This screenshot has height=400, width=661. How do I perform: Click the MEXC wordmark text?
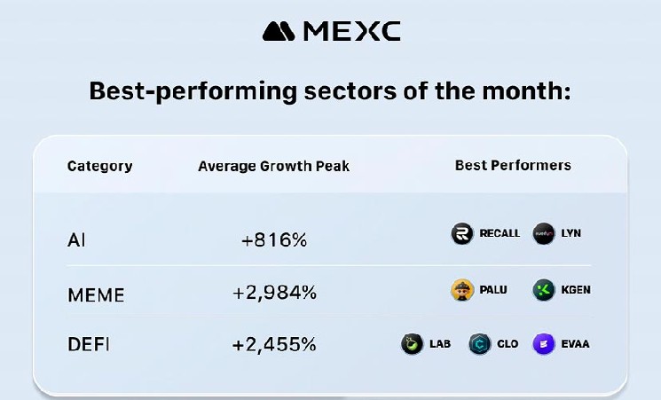(x=351, y=31)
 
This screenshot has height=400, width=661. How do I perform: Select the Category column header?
(x=100, y=166)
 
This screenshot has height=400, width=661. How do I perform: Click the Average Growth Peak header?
(x=273, y=166)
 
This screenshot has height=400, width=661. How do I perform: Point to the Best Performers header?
(x=513, y=165)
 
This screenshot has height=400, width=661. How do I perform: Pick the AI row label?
(x=77, y=239)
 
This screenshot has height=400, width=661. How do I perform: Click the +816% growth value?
(x=273, y=239)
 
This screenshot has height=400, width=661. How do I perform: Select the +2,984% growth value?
(x=273, y=294)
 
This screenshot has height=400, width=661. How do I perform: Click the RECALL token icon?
(x=462, y=234)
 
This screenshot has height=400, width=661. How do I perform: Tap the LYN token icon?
(x=543, y=234)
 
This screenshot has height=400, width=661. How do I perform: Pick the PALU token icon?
(x=461, y=290)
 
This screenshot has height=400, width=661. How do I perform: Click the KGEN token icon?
(x=543, y=290)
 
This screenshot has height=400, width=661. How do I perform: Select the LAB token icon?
(x=412, y=344)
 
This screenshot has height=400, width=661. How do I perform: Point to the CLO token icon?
(x=479, y=344)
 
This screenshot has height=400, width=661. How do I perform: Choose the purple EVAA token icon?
(x=543, y=344)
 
